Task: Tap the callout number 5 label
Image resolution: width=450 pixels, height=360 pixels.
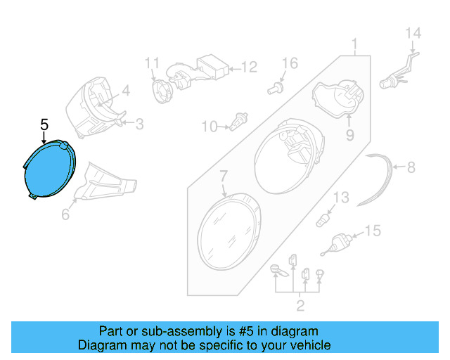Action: pyautogui.click(x=44, y=125)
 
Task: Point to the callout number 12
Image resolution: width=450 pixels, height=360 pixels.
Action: pyautogui.click(x=250, y=67)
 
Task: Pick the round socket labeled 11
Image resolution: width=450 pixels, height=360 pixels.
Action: pyautogui.click(x=161, y=89)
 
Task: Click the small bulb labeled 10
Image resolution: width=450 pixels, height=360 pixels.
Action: pyautogui.click(x=236, y=126)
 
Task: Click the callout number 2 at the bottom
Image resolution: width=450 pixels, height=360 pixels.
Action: pyautogui.click(x=300, y=304)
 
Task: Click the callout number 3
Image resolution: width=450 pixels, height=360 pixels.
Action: pyautogui.click(x=139, y=124)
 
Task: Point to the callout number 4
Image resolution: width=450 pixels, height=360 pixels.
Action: pyautogui.click(x=125, y=91)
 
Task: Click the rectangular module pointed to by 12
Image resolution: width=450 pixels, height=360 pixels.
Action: pyautogui.click(x=212, y=66)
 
